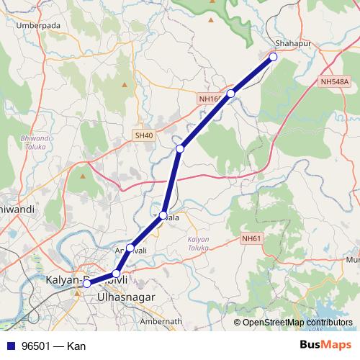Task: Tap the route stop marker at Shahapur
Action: click(x=273, y=56)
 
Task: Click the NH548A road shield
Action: click(x=335, y=82)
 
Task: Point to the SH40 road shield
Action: click(x=143, y=135)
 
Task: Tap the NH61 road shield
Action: click(x=252, y=238)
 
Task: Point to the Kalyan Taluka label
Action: click(x=199, y=243)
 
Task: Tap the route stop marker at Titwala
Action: click(x=163, y=215)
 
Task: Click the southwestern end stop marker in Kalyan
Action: click(x=86, y=284)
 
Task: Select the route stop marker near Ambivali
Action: click(x=130, y=248)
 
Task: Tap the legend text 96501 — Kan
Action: click(x=54, y=346)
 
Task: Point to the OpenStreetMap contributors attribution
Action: click(x=297, y=322)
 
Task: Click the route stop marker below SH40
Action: click(x=180, y=148)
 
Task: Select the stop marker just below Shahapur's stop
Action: click(x=231, y=94)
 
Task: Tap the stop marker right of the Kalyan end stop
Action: click(x=116, y=274)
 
